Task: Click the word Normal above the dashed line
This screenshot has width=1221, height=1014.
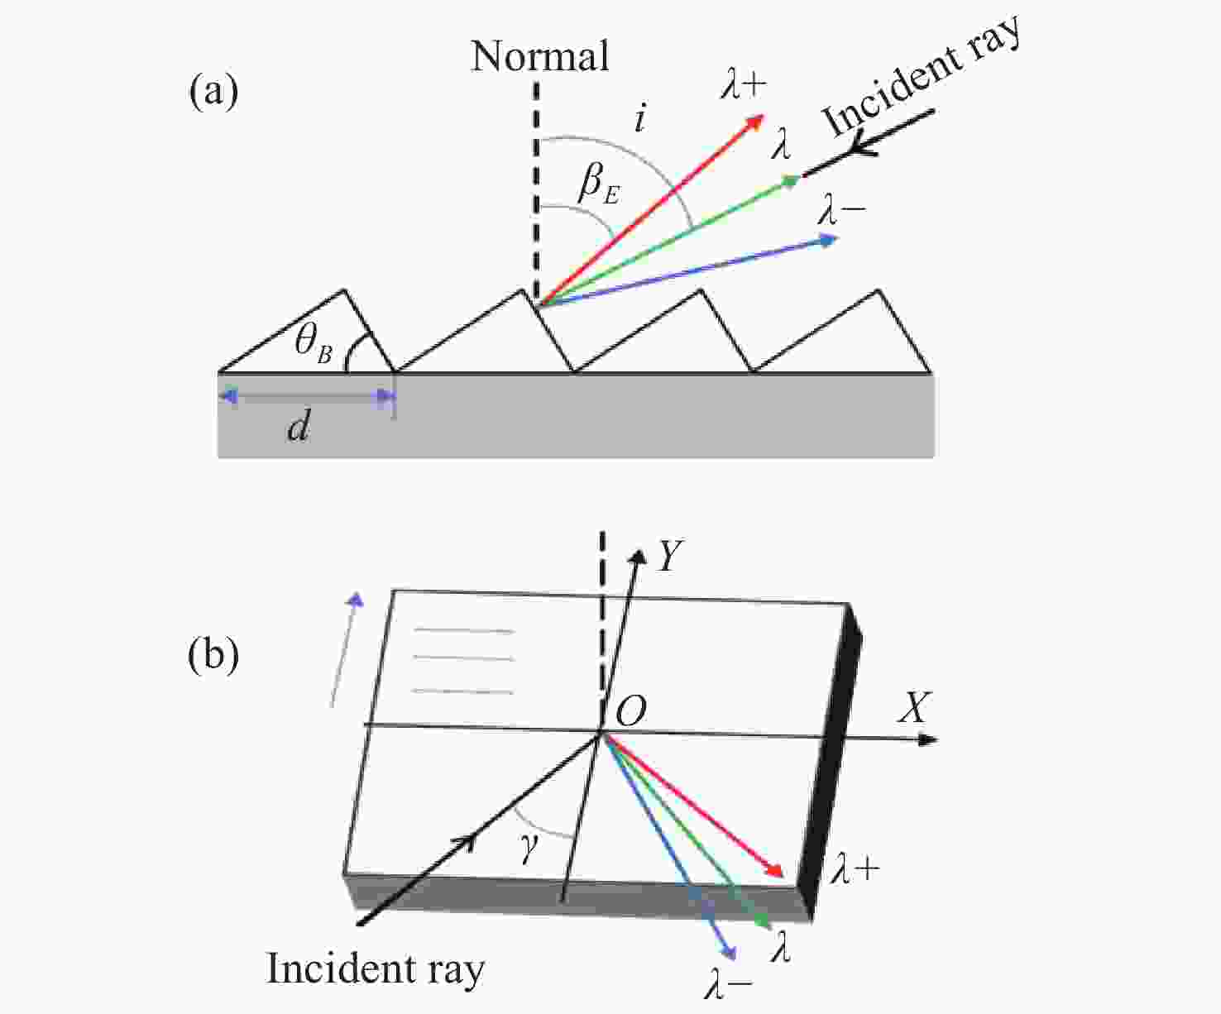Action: tap(539, 57)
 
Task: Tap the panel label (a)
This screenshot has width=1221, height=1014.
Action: tap(213, 92)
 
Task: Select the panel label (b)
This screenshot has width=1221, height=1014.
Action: tap(213, 654)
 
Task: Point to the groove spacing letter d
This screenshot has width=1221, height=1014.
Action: tap(299, 427)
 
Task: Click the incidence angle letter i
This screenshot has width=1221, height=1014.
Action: tap(639, 120)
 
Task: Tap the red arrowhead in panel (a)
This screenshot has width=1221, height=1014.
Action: tap(754, 122)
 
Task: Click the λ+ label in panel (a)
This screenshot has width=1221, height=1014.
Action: tap(743, 85)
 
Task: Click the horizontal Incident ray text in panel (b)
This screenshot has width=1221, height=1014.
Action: tap(376, 969)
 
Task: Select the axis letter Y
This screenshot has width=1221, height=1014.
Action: tap(668, 557)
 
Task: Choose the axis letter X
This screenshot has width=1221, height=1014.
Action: tap(913, 709)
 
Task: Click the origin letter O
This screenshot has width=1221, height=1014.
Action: tap(631, 710)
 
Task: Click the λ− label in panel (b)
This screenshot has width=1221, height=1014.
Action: tap(728, 984)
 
